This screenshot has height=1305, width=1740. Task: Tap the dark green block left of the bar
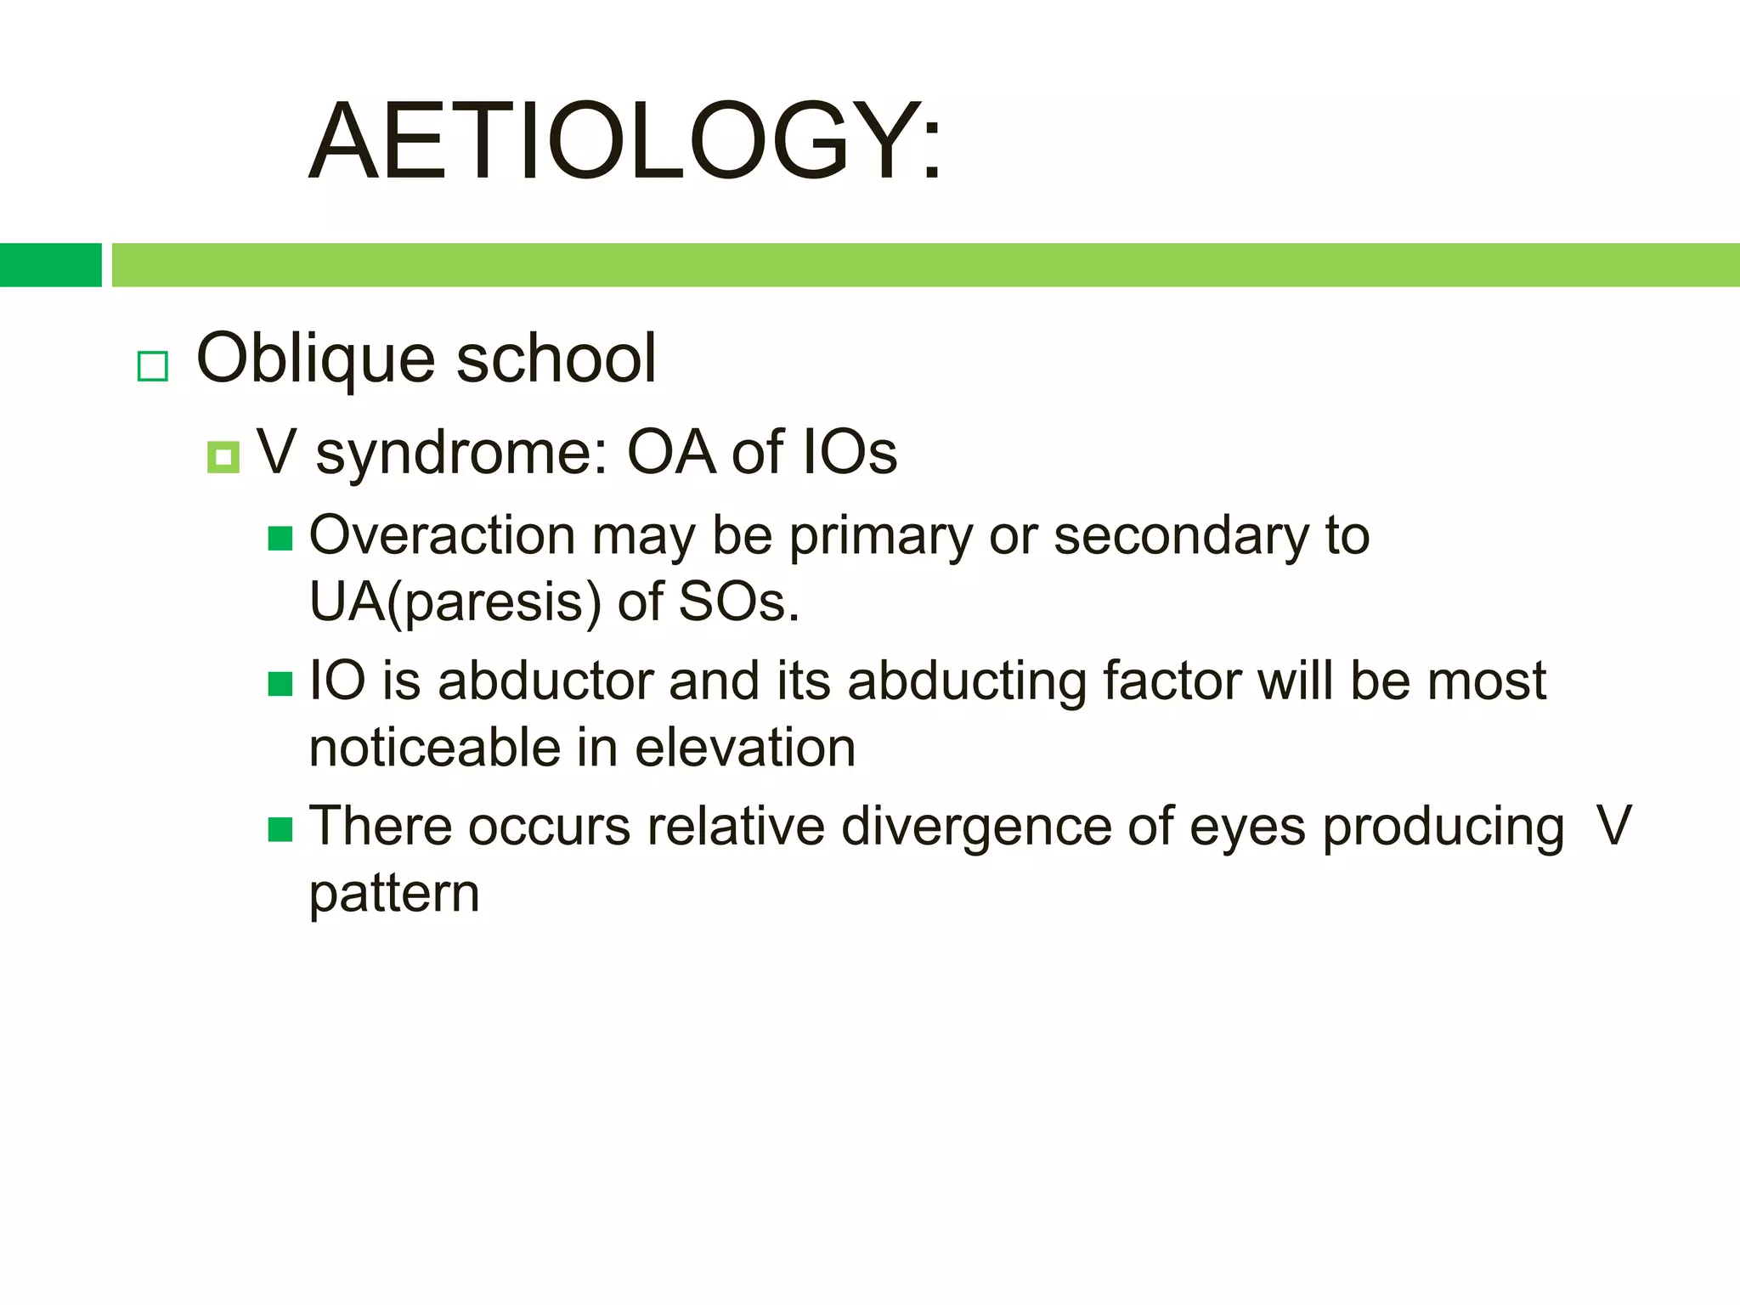tap(50, 265)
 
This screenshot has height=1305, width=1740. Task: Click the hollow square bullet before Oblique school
tap(153, 366)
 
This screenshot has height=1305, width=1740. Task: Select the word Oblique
tap(317, 359)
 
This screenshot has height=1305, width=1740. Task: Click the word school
tap(556, 359)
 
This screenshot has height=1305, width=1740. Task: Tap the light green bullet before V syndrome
tap(223, 458)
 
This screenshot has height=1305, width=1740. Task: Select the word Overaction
tap(443, 535)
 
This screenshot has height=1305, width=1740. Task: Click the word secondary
tap(1180, 536)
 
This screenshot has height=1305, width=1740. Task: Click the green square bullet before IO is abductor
tap(280, 683)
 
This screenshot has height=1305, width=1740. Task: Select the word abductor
tap(545, 681)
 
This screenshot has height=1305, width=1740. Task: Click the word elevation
tap(745, 748)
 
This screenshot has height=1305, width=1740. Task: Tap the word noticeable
tap(434, 748)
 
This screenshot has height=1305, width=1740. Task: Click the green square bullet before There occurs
tap(280, 828)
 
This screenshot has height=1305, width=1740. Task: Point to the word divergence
tap(975, 826)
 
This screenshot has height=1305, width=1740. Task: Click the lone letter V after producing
tap(1613, 826)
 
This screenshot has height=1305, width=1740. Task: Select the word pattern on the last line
tap(394, 894)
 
